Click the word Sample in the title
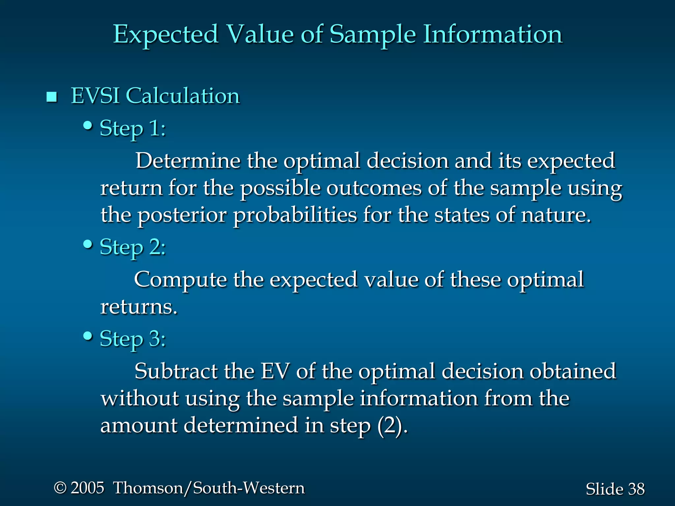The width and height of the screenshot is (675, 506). (x=372, y=35)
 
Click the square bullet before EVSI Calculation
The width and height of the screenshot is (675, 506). (x=52, y=97)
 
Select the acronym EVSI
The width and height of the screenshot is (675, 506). (x=95, y=96)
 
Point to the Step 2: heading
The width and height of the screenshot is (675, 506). (x=132, y=247)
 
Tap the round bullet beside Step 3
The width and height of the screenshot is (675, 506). (x=88, y=336)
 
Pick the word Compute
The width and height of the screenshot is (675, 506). (x=180, y=280)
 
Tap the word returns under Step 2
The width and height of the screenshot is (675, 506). (x=138, y=307)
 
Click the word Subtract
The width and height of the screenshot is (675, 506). (x=176, y=371)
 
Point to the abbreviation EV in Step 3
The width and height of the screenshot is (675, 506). (x=275, y=371)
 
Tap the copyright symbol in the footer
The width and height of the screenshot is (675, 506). (x=60, y=488)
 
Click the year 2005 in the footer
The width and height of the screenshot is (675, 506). (x=87, y=488)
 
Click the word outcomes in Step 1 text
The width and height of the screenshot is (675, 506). (x=374, y=188)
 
